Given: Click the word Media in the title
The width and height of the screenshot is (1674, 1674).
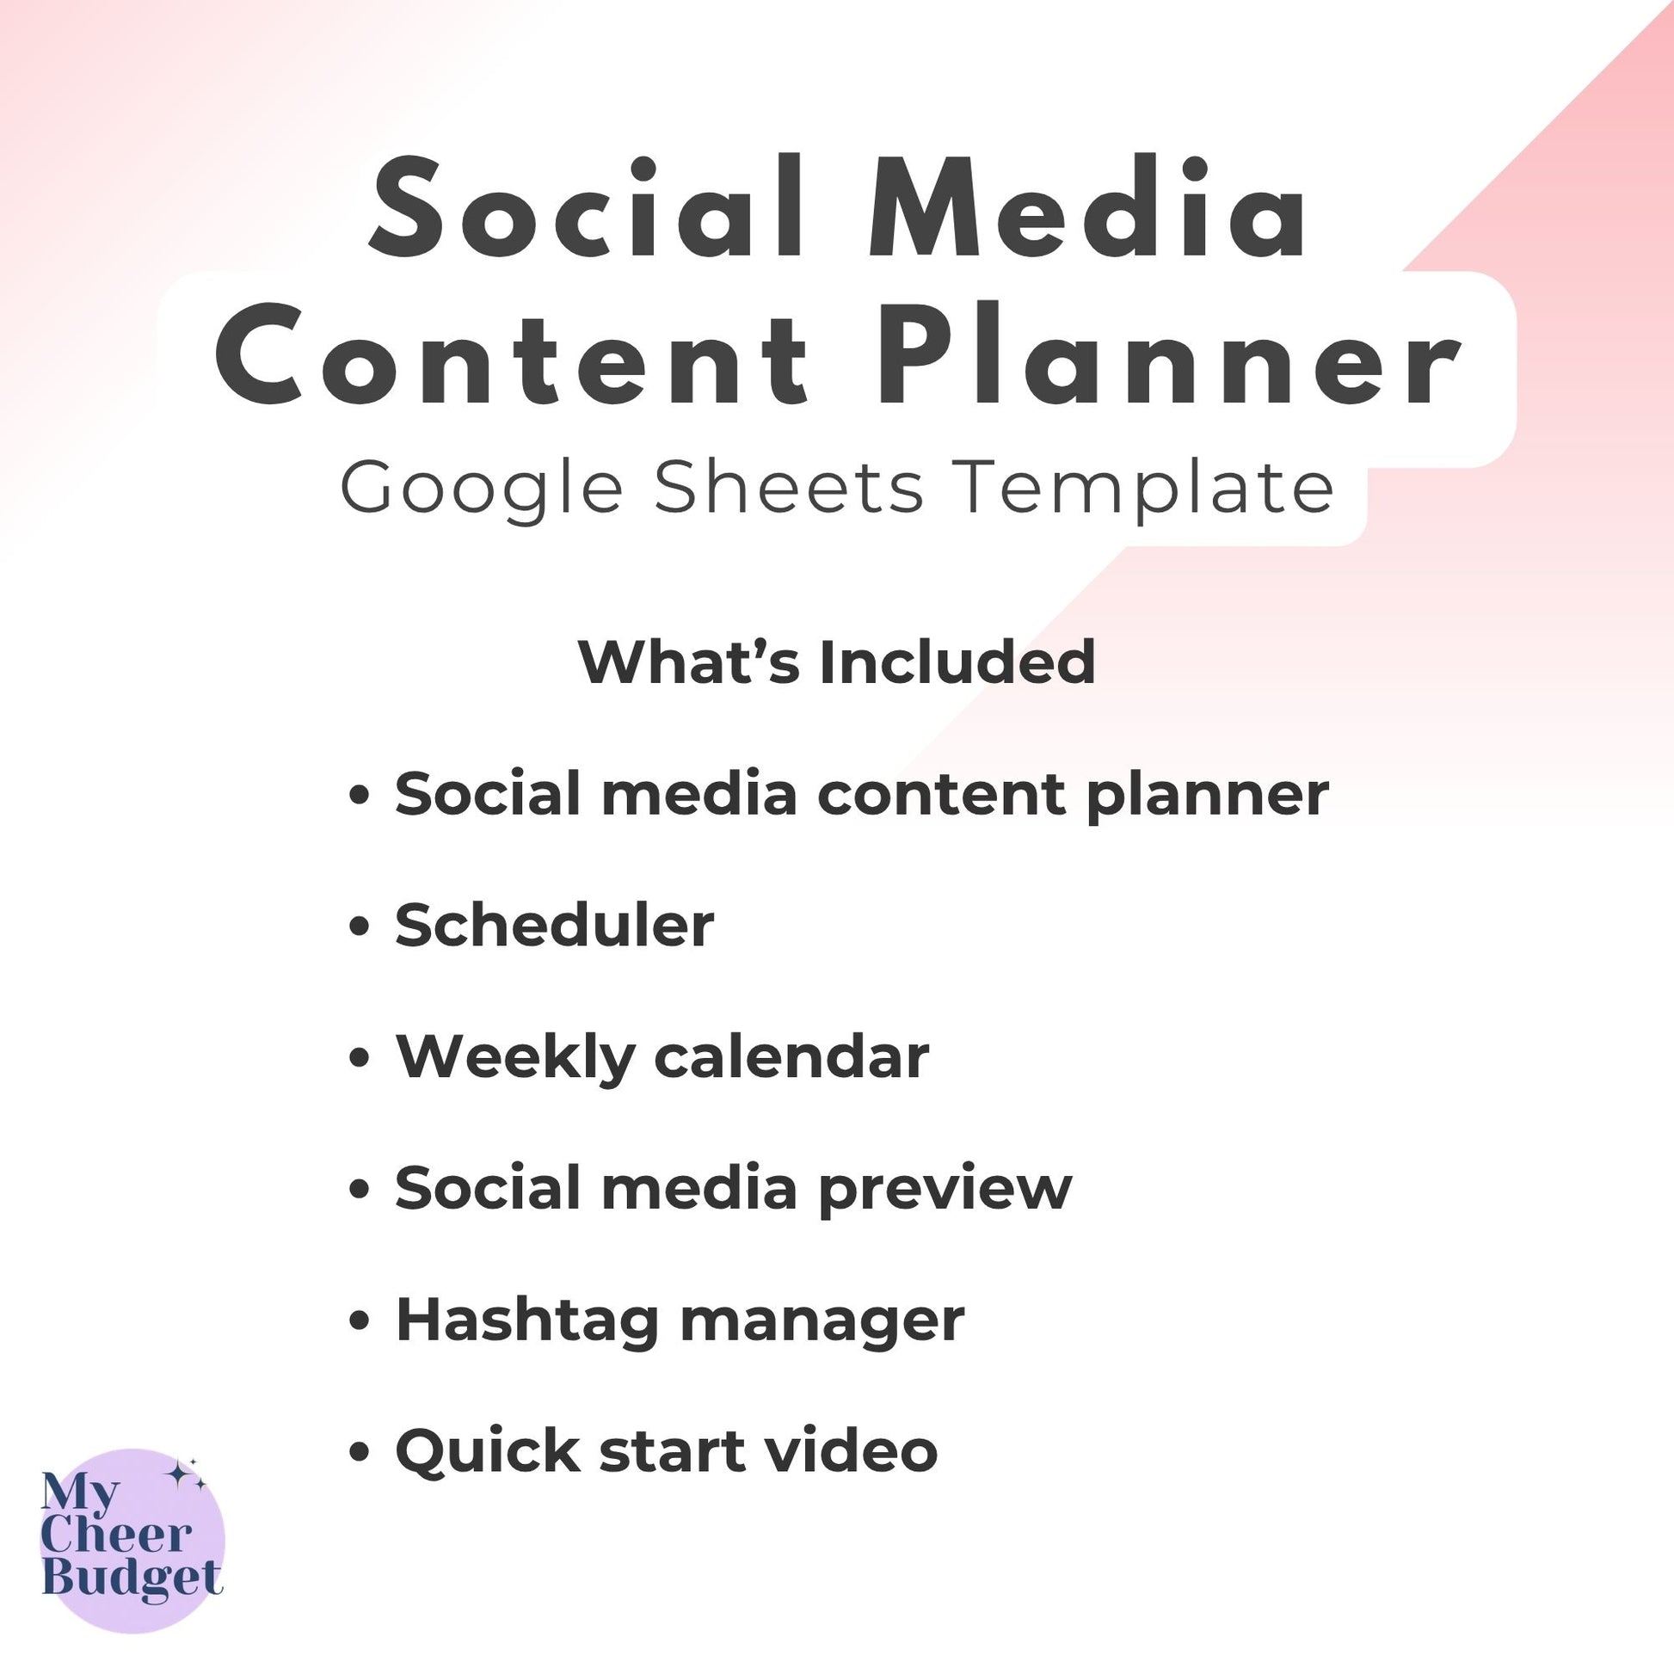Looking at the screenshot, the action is coord(1087,208).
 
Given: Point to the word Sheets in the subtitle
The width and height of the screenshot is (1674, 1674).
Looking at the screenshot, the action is coord(790,487).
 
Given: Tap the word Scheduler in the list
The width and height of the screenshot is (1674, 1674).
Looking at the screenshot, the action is coord(555,925).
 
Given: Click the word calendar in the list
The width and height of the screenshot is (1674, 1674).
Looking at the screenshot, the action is coord(791,1056).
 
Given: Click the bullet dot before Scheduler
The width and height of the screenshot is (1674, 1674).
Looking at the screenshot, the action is coord(360,927).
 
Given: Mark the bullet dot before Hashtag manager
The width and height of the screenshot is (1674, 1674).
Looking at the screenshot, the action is coord(360,1322).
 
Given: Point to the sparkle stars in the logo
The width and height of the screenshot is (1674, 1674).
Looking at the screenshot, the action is coord(187,1474).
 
